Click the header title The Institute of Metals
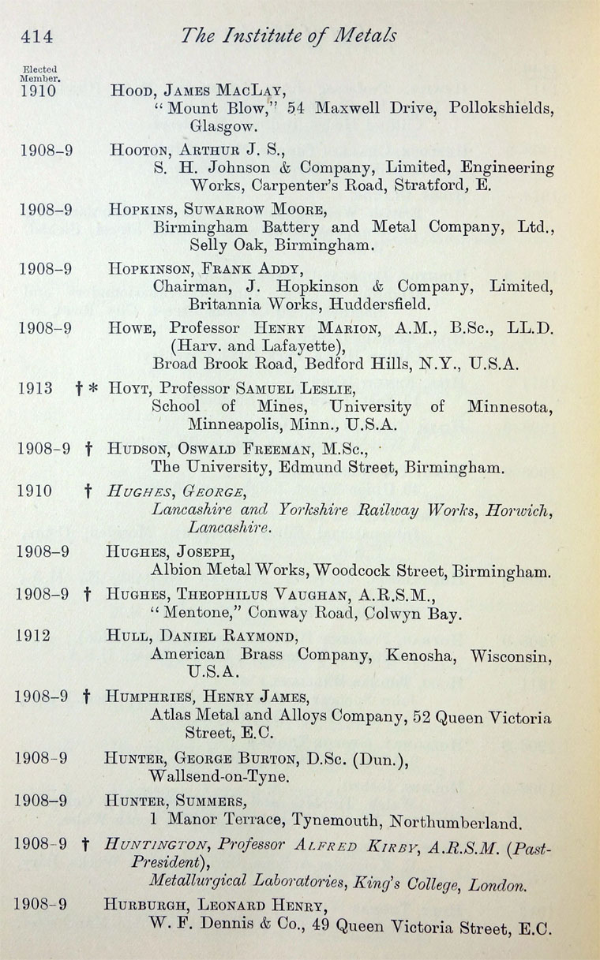coord(288,35)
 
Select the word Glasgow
coord(222,125)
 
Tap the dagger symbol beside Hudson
coord(88,448)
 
